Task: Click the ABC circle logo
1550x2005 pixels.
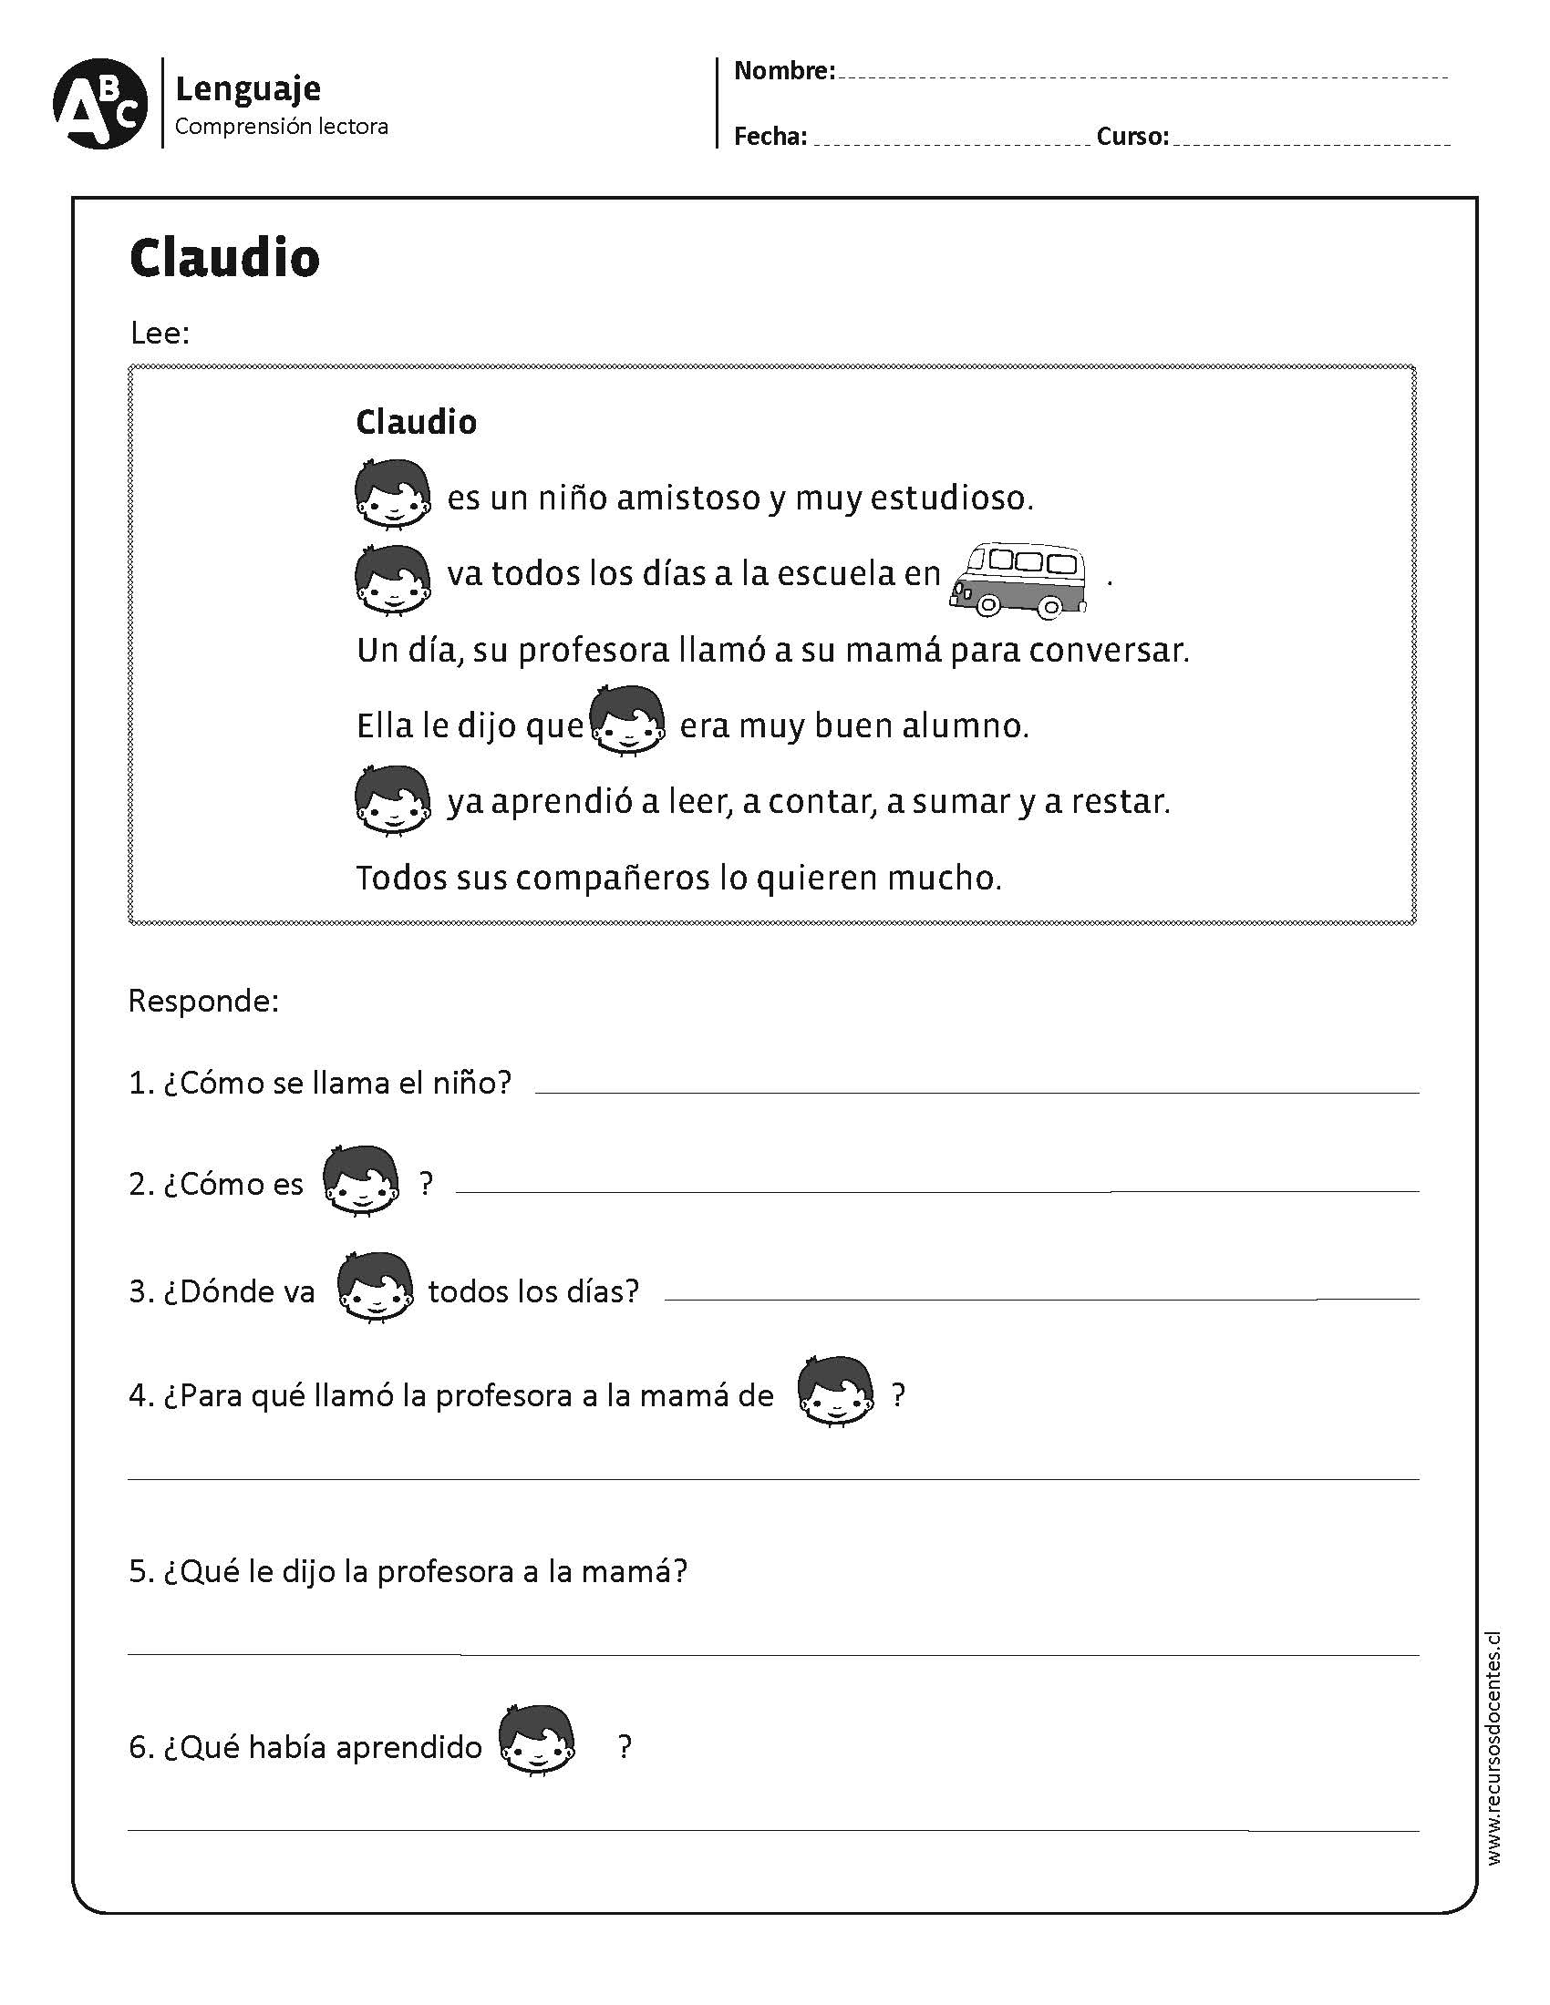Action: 99,104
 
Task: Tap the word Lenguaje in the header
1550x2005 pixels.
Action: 248,89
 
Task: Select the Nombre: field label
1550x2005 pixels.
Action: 784,71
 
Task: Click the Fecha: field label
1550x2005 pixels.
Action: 770,137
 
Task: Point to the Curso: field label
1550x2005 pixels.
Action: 1132,137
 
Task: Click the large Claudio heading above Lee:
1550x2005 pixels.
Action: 225,258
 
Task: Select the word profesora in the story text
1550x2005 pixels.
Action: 594,651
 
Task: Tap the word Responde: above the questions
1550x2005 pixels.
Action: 204,1001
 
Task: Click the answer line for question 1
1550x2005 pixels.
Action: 976,1091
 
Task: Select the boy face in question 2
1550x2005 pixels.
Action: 362,1180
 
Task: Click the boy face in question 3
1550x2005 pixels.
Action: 374,1287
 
